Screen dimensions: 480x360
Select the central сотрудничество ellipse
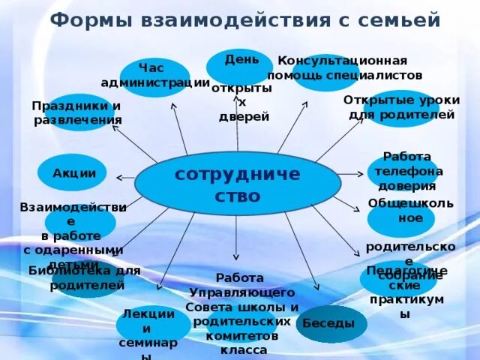(x=237, y=184)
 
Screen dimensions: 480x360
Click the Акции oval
(x=74, y=173)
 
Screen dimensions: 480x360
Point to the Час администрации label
(x=155, y=76)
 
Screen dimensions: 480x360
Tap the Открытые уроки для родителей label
(x=401, y=107)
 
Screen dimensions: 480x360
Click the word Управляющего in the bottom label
(x=242, y=292)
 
